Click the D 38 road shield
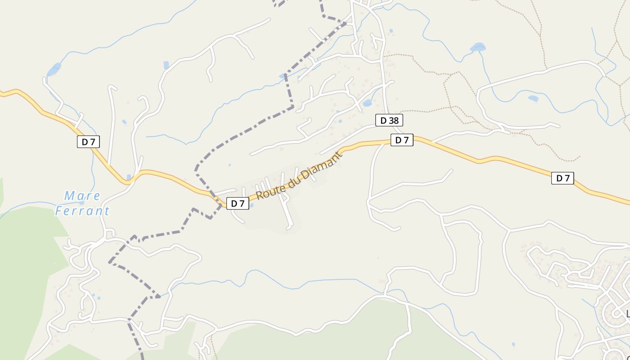tap(389, 121)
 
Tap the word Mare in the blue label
tap(82, 196)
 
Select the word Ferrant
tap(82, 211)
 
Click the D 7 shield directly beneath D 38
tap(401, 140)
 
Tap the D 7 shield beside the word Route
tap(238, 203)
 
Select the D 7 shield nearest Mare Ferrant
tap(88, 142)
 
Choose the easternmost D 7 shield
tap(562, 178)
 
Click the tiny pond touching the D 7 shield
tap(251, 206)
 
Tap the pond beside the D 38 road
tap(367, 103)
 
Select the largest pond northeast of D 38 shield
tap(477, 47)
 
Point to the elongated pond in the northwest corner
tap(54, 69)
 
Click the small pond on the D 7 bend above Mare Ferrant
tap(129, 177)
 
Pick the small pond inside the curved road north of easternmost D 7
tap(533, 98)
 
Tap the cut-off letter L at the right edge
tap(628, 313)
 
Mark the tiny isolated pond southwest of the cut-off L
tap(513, 345)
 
